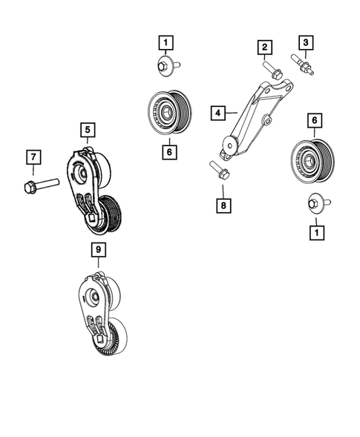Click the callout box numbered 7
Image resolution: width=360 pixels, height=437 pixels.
point(32,157)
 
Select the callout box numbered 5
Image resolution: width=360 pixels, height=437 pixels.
point(88,131)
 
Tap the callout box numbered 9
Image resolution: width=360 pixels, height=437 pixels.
point(97,252)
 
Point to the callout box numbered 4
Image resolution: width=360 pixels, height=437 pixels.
point(217,114)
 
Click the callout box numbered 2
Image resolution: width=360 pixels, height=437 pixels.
point(263,48)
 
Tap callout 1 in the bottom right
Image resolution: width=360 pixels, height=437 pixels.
point(315,232)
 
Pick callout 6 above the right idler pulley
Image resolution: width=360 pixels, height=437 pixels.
point(314,119)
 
